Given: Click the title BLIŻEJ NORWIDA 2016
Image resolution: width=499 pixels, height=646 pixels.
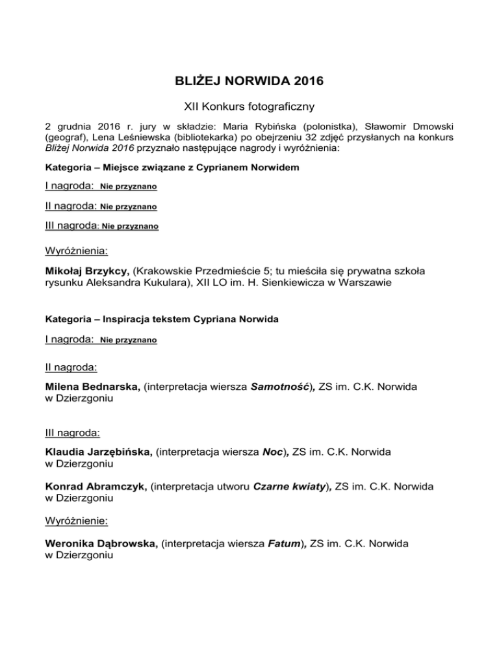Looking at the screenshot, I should click(249, 83).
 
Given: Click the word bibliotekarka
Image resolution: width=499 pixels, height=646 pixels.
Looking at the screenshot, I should click(204, 138).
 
